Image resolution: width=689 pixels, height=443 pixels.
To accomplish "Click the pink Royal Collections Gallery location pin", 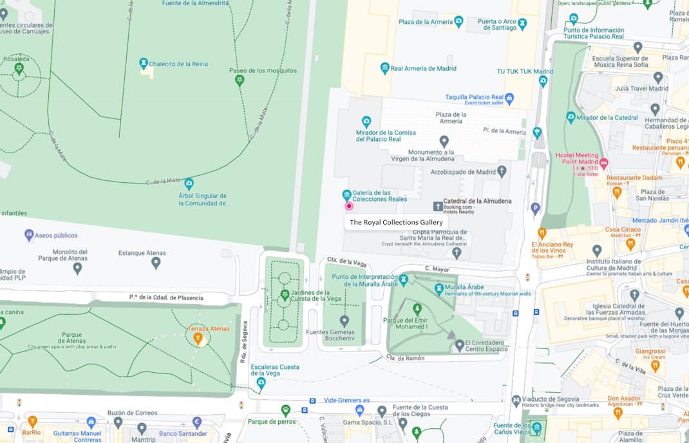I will coord(349,206).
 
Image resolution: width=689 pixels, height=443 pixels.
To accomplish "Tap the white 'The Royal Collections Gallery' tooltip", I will coord(396,222).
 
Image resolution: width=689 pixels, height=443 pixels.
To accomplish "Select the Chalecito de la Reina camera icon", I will coord(144,63).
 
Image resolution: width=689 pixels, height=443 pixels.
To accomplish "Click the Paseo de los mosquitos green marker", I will coord(240,80).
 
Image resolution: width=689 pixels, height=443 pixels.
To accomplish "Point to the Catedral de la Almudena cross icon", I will coord(438,206).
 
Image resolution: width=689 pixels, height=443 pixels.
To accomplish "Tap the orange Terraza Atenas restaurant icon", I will coord(198,338).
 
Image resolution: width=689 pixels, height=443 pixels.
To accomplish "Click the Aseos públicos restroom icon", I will coord(29,235).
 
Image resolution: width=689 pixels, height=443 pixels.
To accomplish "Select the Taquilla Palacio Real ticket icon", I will coord(509,99).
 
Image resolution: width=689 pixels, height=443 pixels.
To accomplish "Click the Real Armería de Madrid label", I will coord(423,68).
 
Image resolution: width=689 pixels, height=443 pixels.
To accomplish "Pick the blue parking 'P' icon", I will coord(534,207).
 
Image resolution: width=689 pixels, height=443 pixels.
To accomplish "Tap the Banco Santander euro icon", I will coord(197,422).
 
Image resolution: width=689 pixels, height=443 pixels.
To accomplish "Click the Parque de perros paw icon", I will coord(285,410).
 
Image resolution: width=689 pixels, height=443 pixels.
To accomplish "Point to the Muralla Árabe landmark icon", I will coord(439,287).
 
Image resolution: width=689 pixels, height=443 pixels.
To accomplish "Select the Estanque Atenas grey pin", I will coord(155,263).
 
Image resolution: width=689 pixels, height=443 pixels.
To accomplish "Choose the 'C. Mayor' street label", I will coord(436,268).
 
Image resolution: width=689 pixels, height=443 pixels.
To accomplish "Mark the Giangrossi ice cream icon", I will coord(655,366).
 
